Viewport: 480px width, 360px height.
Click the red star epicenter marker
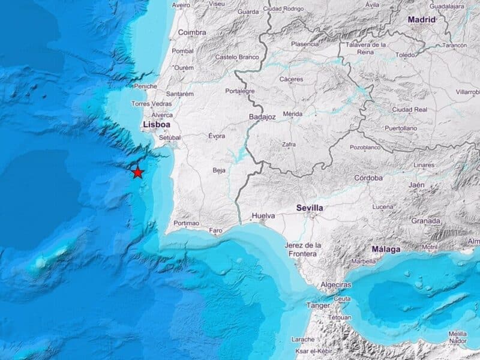point(138,172)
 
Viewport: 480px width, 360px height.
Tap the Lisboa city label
point(157,125)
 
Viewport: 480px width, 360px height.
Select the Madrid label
point(422,20)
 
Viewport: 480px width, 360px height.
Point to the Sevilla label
point(310,208)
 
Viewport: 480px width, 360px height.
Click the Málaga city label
point(386,249)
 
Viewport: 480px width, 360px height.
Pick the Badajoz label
point(262,118)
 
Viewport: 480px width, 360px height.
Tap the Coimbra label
point(192,32)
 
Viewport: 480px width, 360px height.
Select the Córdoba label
point(368,178)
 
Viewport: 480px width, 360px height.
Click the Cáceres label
point(291,79)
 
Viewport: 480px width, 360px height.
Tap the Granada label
point(425,220)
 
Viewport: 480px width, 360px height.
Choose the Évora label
point(217,136)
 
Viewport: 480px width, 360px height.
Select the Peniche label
point(146,86)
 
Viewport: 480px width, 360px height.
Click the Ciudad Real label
point(409,110)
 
